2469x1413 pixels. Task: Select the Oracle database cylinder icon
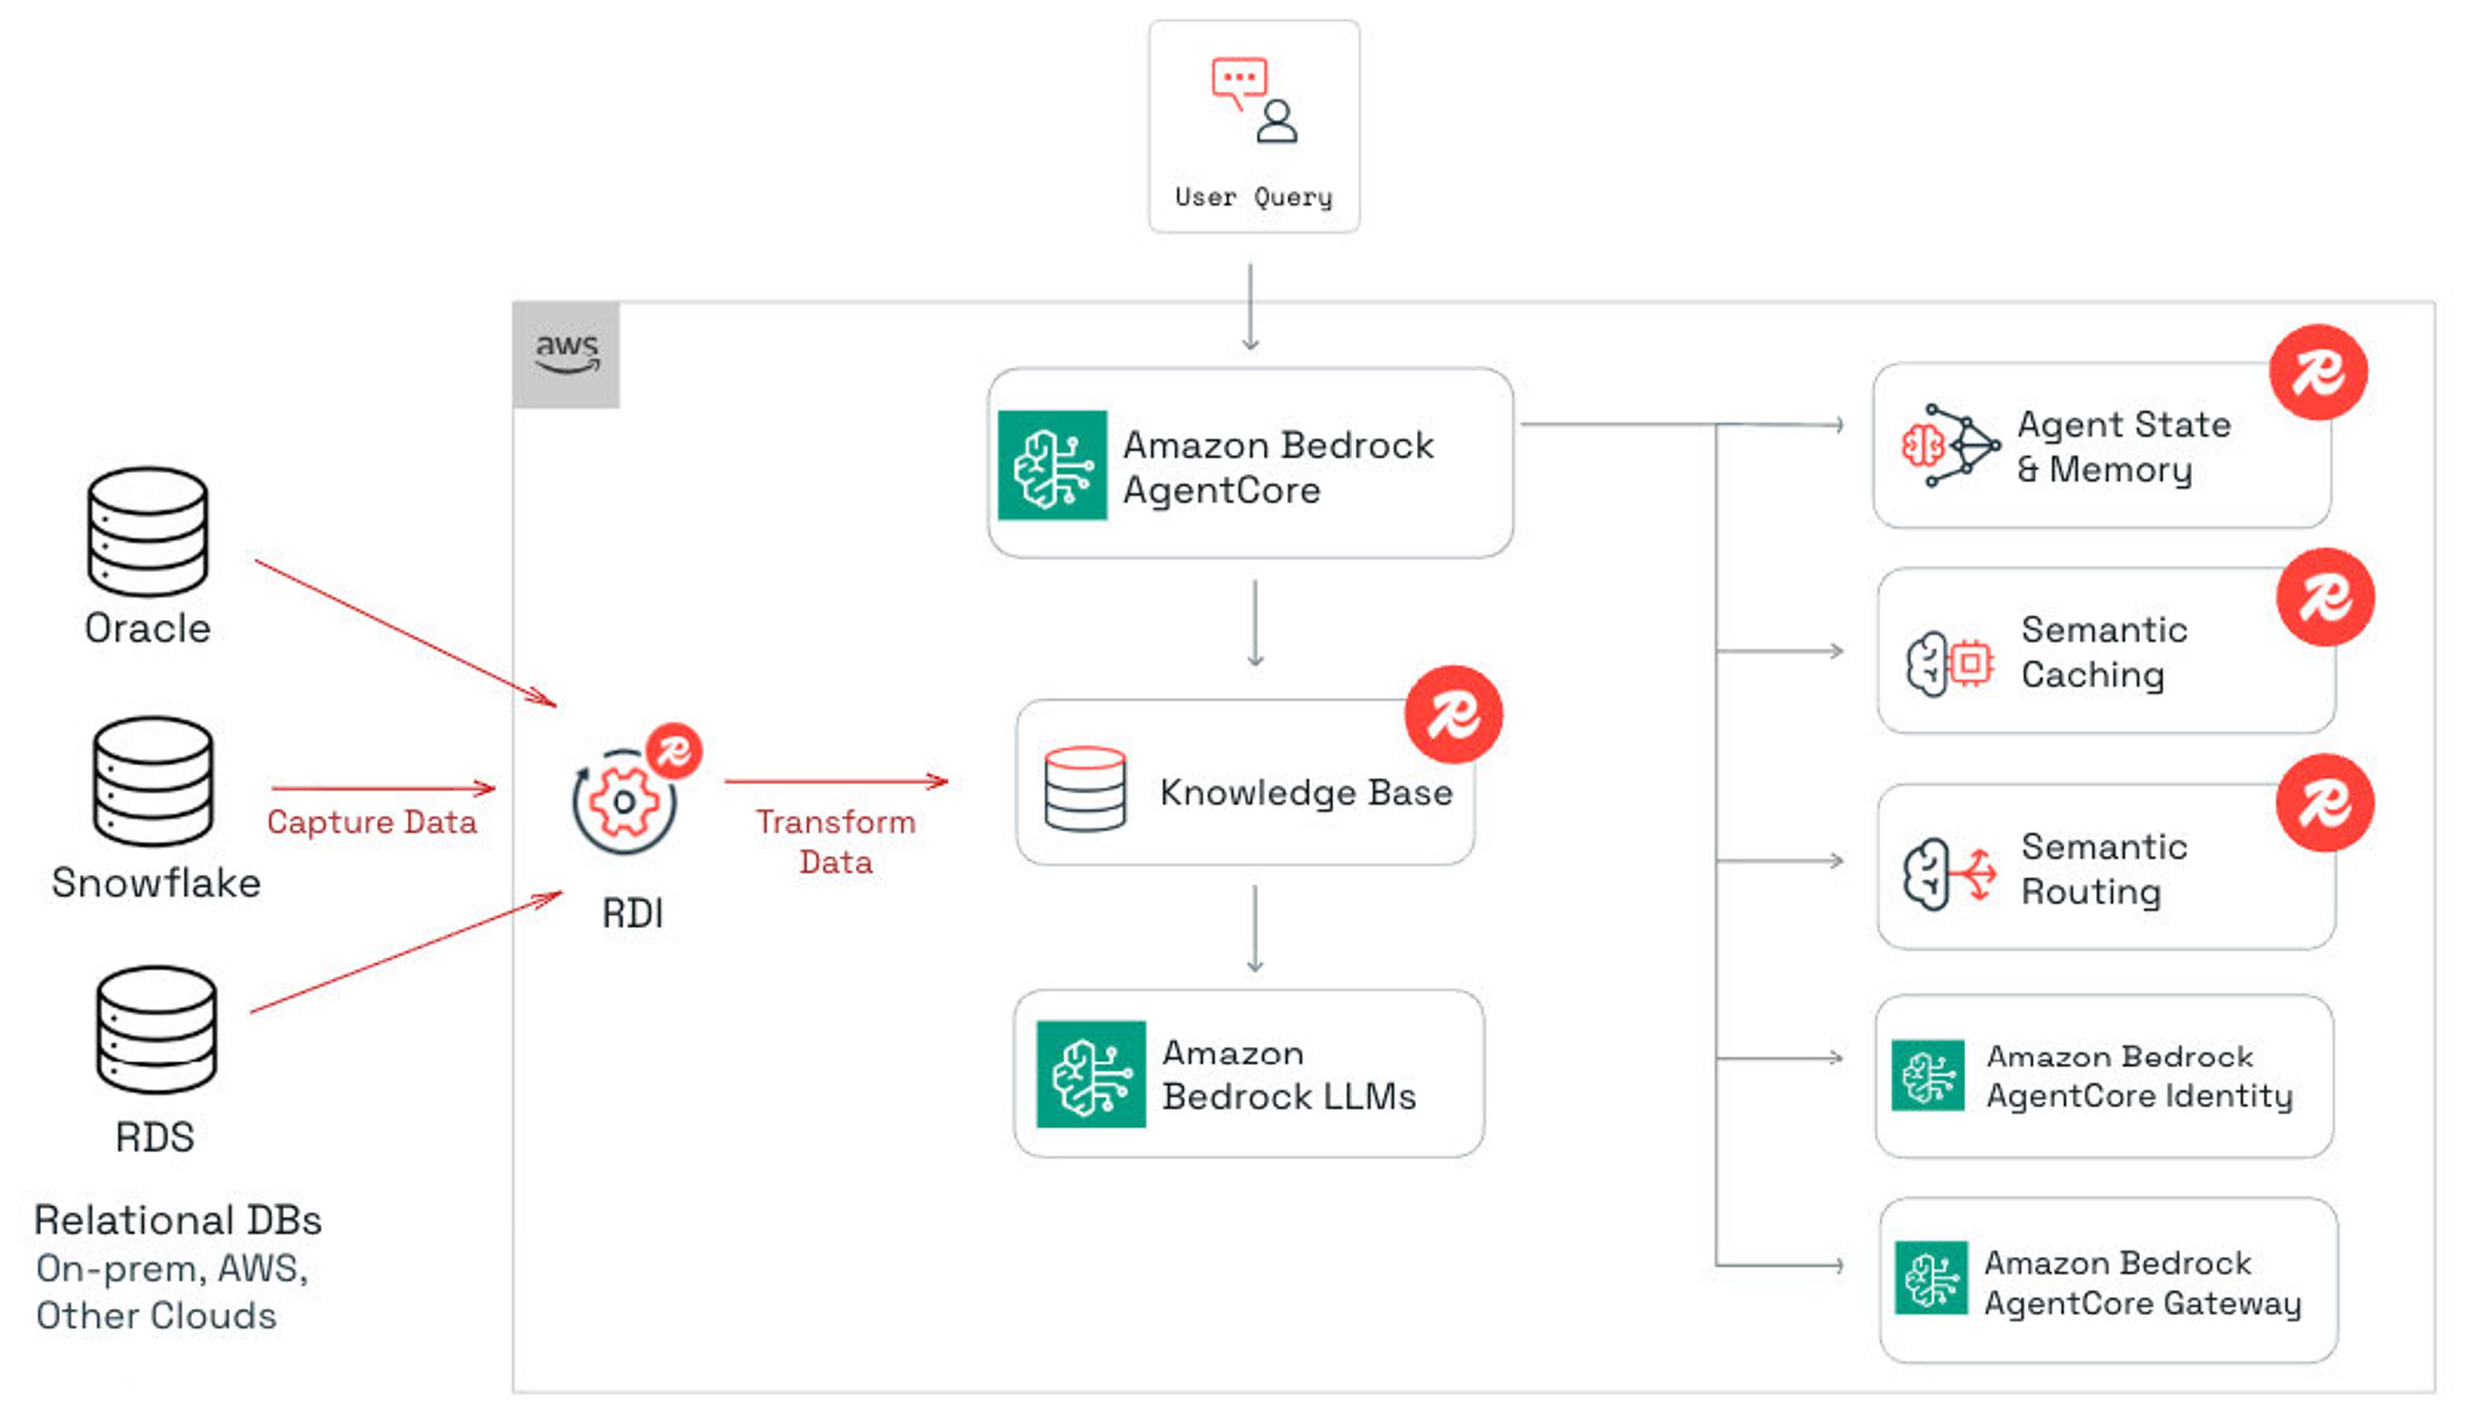click(147, 532)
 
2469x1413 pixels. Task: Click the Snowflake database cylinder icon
click(153, 781)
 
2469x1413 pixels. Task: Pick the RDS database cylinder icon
click(156, 1030)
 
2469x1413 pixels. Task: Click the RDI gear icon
click(624, 801)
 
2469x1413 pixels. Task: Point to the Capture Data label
click(372, 822)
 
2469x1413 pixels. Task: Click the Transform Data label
click(835, 841)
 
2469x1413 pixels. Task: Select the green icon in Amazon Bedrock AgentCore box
click(1053, 465)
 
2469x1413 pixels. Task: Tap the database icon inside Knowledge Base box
click(1085, 789)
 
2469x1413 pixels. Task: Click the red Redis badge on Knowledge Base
click(1453, 715)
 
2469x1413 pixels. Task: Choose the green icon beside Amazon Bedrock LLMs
click(1090, 1074)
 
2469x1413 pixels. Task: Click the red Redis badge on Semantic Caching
click(2326, 597)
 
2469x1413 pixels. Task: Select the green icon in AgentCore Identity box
click(1928, 1075)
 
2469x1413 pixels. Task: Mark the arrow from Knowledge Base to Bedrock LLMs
click(1254, 929)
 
